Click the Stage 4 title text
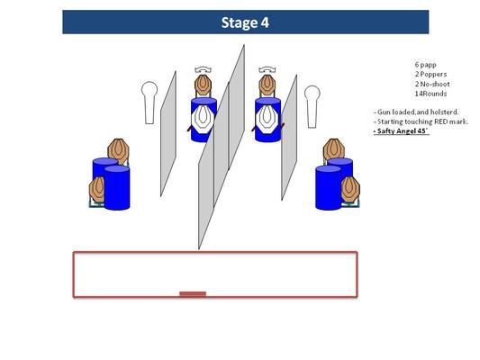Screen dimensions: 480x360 pyautogui.click(x=245, y=22)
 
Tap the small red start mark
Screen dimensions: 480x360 pyautogui.click(x=193, y=294)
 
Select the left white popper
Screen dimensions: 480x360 pyautogui.click(x=149, y=103)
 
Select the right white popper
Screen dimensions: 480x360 pyautogui.click(x=312, y=106)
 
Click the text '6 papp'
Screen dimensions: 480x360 pyautogui.click(x=425, y=65)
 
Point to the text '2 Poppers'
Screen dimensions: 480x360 pyautogui.click(x=430, y=74)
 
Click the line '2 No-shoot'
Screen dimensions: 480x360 pyautogui.click(x=432, y=84)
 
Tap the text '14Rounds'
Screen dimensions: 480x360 pyautogui.click(x=430, y=94)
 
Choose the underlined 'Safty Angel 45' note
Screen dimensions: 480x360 pyautogui.click(x=401, y=131)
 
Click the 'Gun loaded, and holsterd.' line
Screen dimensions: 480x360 pyautogui.click(x=416, y=112)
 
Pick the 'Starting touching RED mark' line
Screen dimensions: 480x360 pyautogui.click(x=421, y=121)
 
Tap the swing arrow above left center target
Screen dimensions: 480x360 pyautogui.click(x=204, y=69)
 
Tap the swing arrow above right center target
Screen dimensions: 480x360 pyautogui.click(x=267, y=69)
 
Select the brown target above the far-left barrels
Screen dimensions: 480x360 pyautogui.click(x=119, y=150)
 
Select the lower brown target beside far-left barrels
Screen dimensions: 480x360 pyautogui.click(x=97, y=190)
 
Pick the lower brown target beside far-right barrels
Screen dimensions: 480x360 pyautogui.click(x=350, y=189)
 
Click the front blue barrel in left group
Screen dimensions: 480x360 pyautogui.click(x=117, y=187)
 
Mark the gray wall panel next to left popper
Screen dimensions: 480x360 pyautogui.click(x=168, y=134)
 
